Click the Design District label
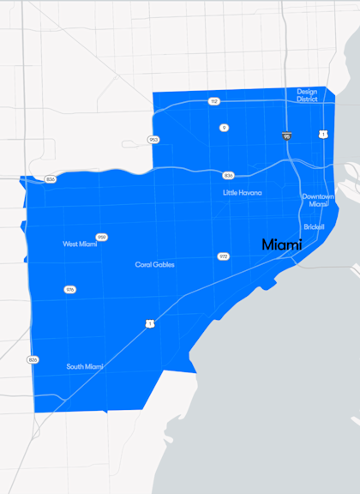click(x=307, y=95)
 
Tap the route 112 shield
click(x=213, y=101)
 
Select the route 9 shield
click(x=224, y=128)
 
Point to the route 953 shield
click(x=153, y=139)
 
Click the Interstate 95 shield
click(x=286, y=136)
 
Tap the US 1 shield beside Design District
click(x=322, y=134)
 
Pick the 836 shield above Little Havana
click(x=228, y=175)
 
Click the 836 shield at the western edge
click(x=51, y=179)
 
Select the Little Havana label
click(x=243, y=193)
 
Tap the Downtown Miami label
click(x=317, y=200)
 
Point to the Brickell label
click(x=314, y=227)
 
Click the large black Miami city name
click(x=282, y=245)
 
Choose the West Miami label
click(x=80, y=244)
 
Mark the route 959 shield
click(x=102, y=238)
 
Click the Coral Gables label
click(x=155, y=265)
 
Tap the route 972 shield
click(x=223, y=256)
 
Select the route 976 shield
click(x=69, y=290)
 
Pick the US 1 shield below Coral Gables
click(x=150, y=323)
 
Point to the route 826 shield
click(x=33, y=359)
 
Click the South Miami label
click(x=85, y=367)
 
